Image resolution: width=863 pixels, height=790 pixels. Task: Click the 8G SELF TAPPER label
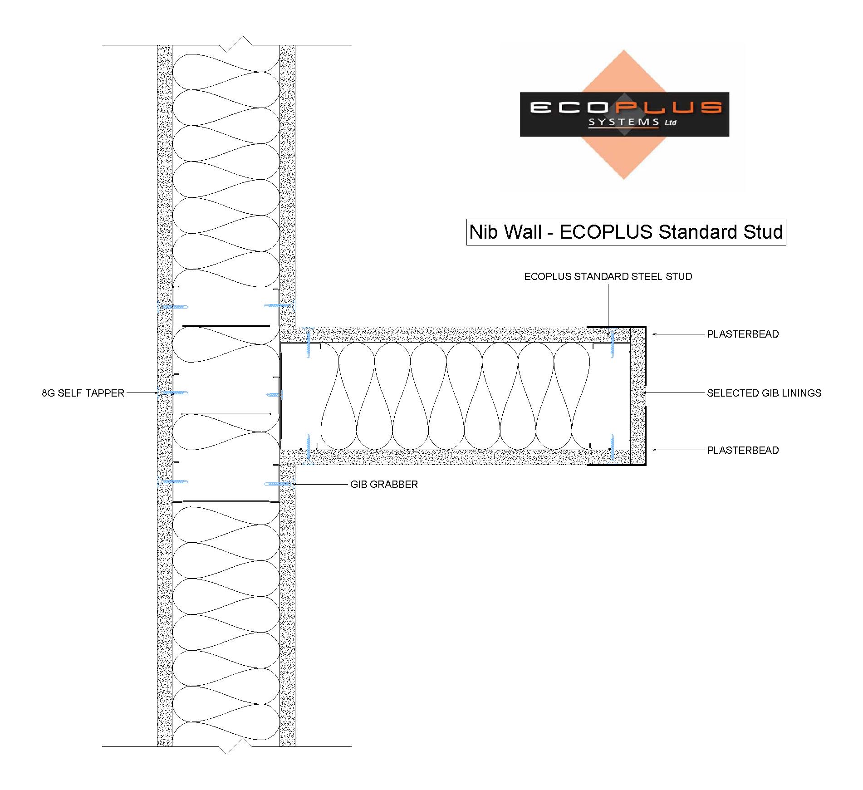pos(83,393)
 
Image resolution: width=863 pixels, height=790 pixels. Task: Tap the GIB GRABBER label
pos(384,484)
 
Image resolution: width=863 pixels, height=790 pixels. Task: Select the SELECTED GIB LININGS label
pos(764,393)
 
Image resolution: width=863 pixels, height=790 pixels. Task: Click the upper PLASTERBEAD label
pos(743,334)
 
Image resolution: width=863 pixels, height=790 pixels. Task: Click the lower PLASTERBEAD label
pos(743,450)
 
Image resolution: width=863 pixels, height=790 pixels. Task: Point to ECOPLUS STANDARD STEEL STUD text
pos(608,276)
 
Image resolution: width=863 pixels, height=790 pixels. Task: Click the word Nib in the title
pos(485,232)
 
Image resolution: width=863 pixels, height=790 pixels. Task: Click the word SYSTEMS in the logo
pos(624,122)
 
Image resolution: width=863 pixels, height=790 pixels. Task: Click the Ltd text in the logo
pos(671,122)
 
